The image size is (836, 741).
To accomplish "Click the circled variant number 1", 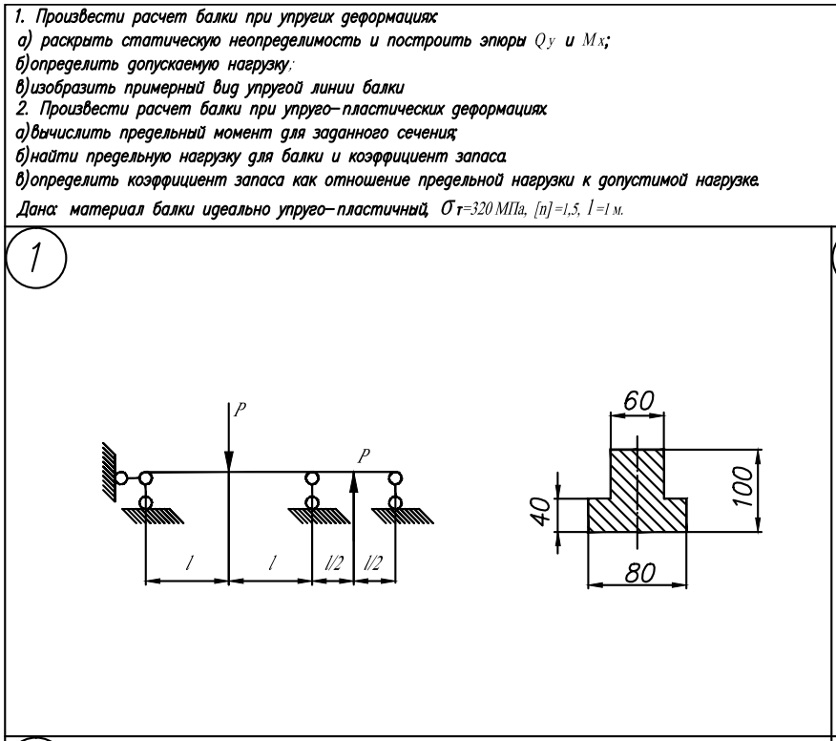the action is click(35, 258).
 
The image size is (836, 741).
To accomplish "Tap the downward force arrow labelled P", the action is click(229, 437).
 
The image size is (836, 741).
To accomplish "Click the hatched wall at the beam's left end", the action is click(110, 472).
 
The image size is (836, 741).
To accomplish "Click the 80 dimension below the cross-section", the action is click(639, 573).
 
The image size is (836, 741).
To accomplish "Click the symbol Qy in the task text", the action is click(545, 41).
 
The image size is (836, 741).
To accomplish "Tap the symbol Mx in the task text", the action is click(594, 40).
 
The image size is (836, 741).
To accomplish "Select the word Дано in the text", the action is click(36, 209).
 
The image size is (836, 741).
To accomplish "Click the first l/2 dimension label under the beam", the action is click(334, 562).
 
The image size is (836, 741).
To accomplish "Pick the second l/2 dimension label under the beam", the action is click(373, 562).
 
